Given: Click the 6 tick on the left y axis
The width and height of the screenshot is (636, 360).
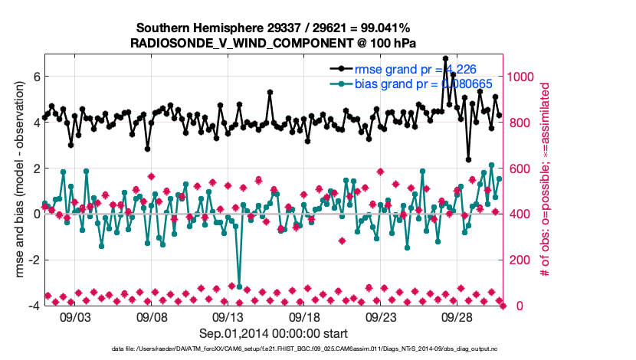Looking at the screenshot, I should (35, 77).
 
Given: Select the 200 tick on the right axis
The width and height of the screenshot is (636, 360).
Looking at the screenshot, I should (519, 260).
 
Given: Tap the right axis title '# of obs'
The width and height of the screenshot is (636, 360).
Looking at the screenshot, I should (546, 181).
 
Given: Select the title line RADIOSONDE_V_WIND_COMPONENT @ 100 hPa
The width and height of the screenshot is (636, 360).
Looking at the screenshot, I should (274, 44).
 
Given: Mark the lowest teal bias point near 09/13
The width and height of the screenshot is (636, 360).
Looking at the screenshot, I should (239, 286).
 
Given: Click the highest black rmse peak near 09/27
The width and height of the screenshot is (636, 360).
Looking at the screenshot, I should (445, 58).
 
